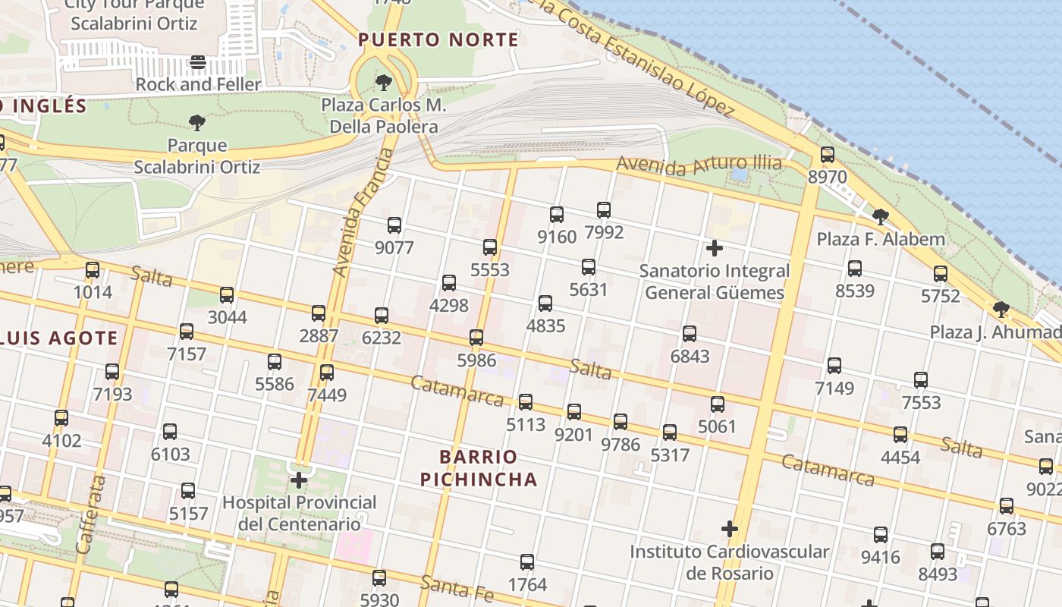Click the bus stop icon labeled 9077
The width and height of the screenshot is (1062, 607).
pos(394,225)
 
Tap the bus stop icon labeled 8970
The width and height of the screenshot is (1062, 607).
pos(828,155)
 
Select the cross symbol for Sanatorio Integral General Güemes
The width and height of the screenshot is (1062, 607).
pos(714,248)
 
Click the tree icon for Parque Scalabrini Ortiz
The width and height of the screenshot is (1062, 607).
pos(197,122)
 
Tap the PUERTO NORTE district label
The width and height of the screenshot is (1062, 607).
pos(438,40)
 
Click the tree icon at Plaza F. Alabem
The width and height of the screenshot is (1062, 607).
pos(881,217)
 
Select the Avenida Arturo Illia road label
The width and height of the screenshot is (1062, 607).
pos(699,165)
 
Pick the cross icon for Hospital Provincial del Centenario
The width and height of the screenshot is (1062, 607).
pos(299,480)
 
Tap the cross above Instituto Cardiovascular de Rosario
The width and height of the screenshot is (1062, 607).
pos(730,529)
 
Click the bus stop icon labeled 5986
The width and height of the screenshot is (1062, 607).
pos(476,338)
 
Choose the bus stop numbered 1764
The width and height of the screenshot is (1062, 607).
pos(527,562)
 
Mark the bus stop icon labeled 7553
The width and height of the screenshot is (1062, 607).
pos(921,380)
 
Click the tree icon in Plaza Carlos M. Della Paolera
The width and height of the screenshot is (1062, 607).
pos(384,82)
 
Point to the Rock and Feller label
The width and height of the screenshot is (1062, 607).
pos(198,84)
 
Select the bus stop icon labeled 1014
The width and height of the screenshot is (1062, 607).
pos(93,270)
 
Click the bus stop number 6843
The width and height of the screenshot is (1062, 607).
pos(690,334)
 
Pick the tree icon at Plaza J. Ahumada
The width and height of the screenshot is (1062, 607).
pos(1001,310)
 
